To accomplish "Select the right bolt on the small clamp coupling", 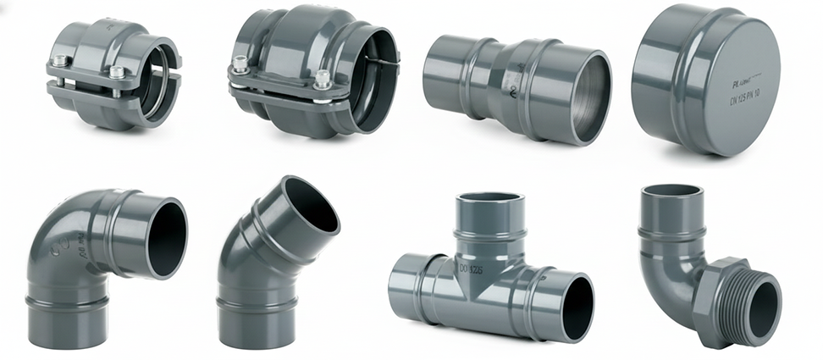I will [115, 71].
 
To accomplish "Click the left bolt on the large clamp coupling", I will [240, 62].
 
